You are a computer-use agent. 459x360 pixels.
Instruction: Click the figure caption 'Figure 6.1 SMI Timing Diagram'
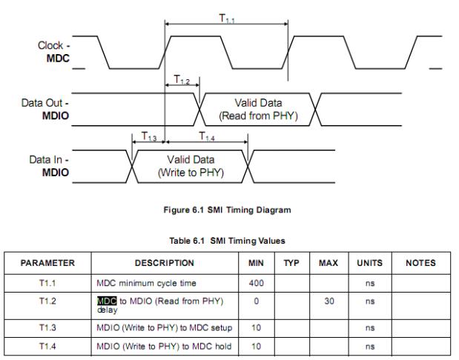click(229, 210)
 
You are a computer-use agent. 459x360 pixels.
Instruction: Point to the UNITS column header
click(363, 262)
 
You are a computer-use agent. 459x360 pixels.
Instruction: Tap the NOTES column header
click(418, 262)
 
